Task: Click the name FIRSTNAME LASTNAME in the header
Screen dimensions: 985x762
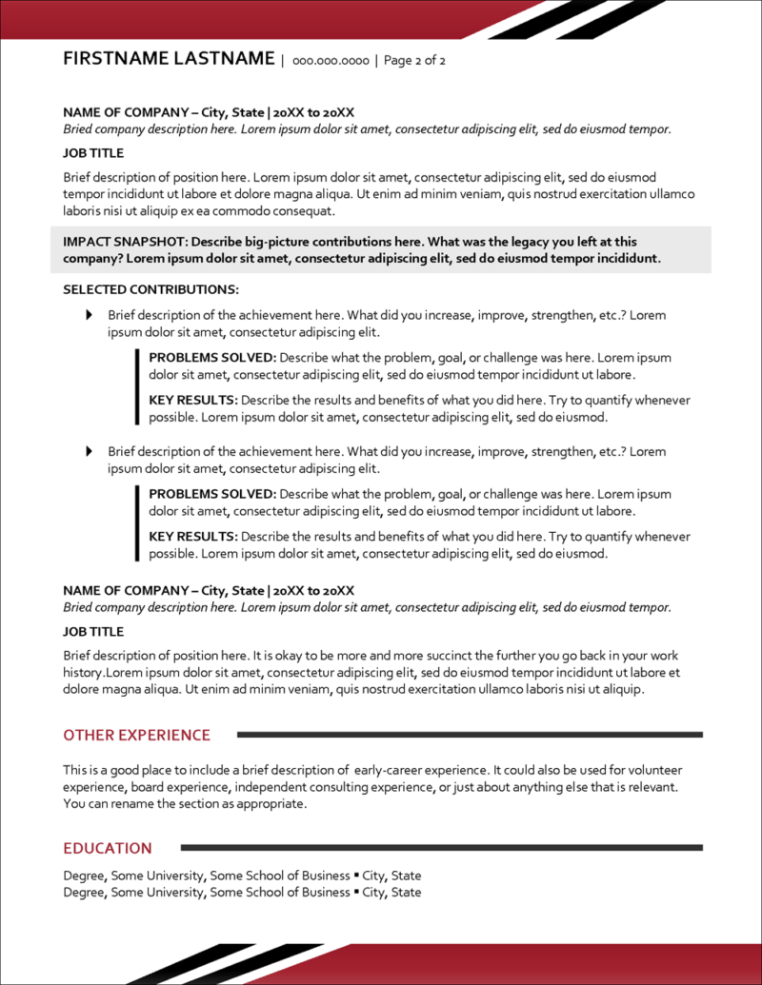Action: click(169, 59)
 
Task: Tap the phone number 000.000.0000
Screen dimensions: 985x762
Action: click(331, 61)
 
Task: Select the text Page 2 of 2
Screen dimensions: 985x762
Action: click(414, 61)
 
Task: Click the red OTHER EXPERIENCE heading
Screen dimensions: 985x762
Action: click(136, 735)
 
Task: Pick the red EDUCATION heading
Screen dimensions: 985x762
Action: click(108, 848)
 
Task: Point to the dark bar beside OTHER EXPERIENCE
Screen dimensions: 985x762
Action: click(469, 735)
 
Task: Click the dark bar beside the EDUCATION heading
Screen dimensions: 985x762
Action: click(441, 847)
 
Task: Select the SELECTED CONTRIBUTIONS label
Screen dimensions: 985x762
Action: click(150, 289)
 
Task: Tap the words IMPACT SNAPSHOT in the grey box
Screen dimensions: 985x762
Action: click(118, 242)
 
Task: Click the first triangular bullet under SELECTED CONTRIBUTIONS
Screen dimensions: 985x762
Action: click(90, 315)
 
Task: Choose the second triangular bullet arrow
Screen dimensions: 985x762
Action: click(90, 451)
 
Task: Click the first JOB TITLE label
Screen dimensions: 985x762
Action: click(93, 152)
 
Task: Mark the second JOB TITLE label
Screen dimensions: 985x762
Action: click(93, 631)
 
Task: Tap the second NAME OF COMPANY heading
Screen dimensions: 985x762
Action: click(209, 590)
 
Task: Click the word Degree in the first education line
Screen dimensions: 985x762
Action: click(85, 876)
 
